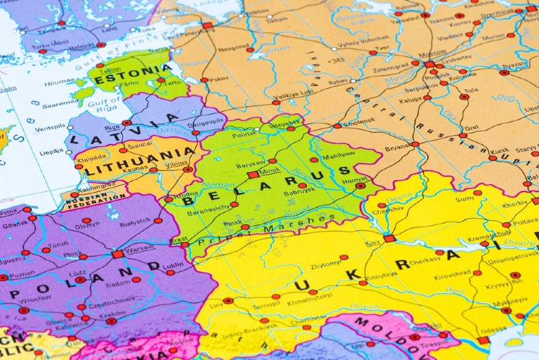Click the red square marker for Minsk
click(253, 175)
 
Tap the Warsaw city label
click(140, 249)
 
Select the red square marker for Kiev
click(389, 239)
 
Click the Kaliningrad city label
click(95, 187)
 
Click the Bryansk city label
click(397, 147)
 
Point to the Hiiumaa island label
click(59, 82)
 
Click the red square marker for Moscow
click(429, 65)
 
